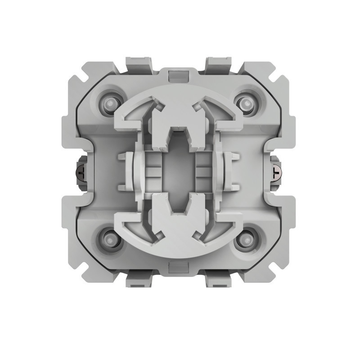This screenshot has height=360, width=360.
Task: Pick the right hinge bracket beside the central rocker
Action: click(x=228, y=171)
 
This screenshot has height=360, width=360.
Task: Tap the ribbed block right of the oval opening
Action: click(x=203, y=171)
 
